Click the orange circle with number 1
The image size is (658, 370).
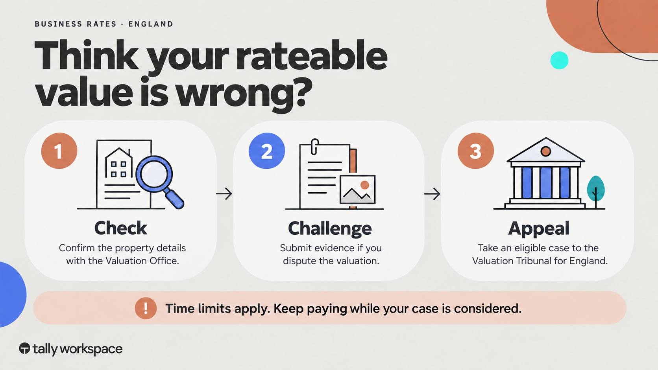59,151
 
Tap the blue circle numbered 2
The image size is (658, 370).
267,151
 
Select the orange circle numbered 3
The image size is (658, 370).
475,151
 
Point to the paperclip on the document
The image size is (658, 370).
314,147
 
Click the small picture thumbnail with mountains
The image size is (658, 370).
357,189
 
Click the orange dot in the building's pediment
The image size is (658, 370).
546,151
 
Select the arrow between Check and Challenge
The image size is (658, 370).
224,194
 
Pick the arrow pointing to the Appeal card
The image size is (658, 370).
432,194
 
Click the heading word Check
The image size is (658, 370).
121,228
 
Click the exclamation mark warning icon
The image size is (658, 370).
146,308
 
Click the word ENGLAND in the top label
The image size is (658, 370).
151,24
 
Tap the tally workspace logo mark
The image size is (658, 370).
25,348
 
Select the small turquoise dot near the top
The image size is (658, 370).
559,61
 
